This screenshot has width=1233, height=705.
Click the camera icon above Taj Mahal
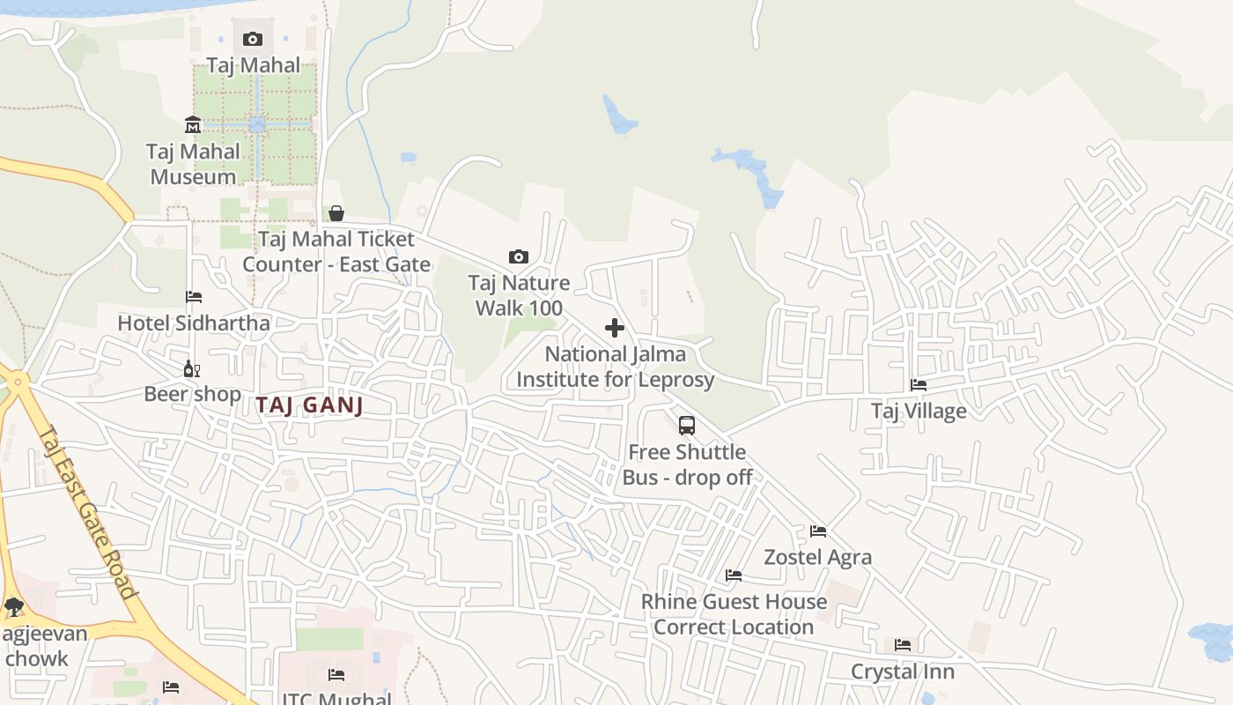(x=253, y=39)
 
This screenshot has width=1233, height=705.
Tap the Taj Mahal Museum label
(x=193, y=164)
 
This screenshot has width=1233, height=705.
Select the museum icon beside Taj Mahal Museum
(x=193, y=125)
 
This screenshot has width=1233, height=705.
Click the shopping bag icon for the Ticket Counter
(x=336, y=213)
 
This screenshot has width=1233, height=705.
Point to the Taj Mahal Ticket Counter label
(x=336, y=252)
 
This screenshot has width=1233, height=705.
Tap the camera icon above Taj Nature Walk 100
(x=519, y=257)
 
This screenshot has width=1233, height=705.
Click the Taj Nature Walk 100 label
(x=519, y=295)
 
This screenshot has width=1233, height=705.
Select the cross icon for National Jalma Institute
(x=615, y=329)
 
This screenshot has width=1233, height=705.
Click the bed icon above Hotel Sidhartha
(x=194, y=297)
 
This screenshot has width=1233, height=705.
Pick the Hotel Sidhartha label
(x=194, y=323)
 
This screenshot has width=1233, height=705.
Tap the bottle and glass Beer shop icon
(x=191, y=368)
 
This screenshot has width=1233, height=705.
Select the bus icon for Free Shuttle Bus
(x=687, y=426)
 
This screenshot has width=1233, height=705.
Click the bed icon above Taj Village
(x=919, y=385)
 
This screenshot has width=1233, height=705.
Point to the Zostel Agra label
(x=818, y=557)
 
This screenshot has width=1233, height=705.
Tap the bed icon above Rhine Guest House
(x=734, y=575)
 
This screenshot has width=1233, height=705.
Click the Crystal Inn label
(x=903, y=672)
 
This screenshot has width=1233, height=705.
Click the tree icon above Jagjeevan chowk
(x=13, y=606)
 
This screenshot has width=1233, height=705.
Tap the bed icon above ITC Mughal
(x=336, y=675)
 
